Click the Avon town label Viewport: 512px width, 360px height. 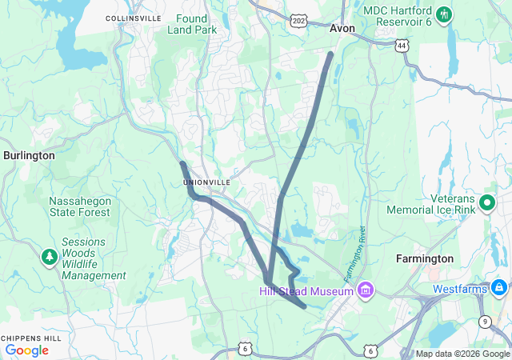pyautogui.click(x=342, y=28)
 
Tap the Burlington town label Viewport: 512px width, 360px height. pyautogui.click(x=29, y=155)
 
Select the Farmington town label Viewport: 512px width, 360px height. pyautogui.click(x=425, y=258)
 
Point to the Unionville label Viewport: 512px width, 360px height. pyautogui.click(x=207, y=182)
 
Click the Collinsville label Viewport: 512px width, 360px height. pyautogui.click(x=133, y=18)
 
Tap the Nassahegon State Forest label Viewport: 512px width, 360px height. pyautogui.click(x=79, y=206)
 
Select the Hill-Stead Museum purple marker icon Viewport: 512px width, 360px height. pyautogui.click(x=366, y=289)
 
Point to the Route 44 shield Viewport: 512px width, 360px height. pyautogui.click(x=401, y=46)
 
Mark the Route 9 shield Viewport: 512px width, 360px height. pyautogui.click(x=485, y=321)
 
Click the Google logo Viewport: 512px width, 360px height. pyautogui.click(x=26, y=350)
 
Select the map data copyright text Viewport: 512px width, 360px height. pyautogui.click(x=462, y=354)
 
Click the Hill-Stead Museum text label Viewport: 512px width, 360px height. pyautogui.click(x=306, y=291)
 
